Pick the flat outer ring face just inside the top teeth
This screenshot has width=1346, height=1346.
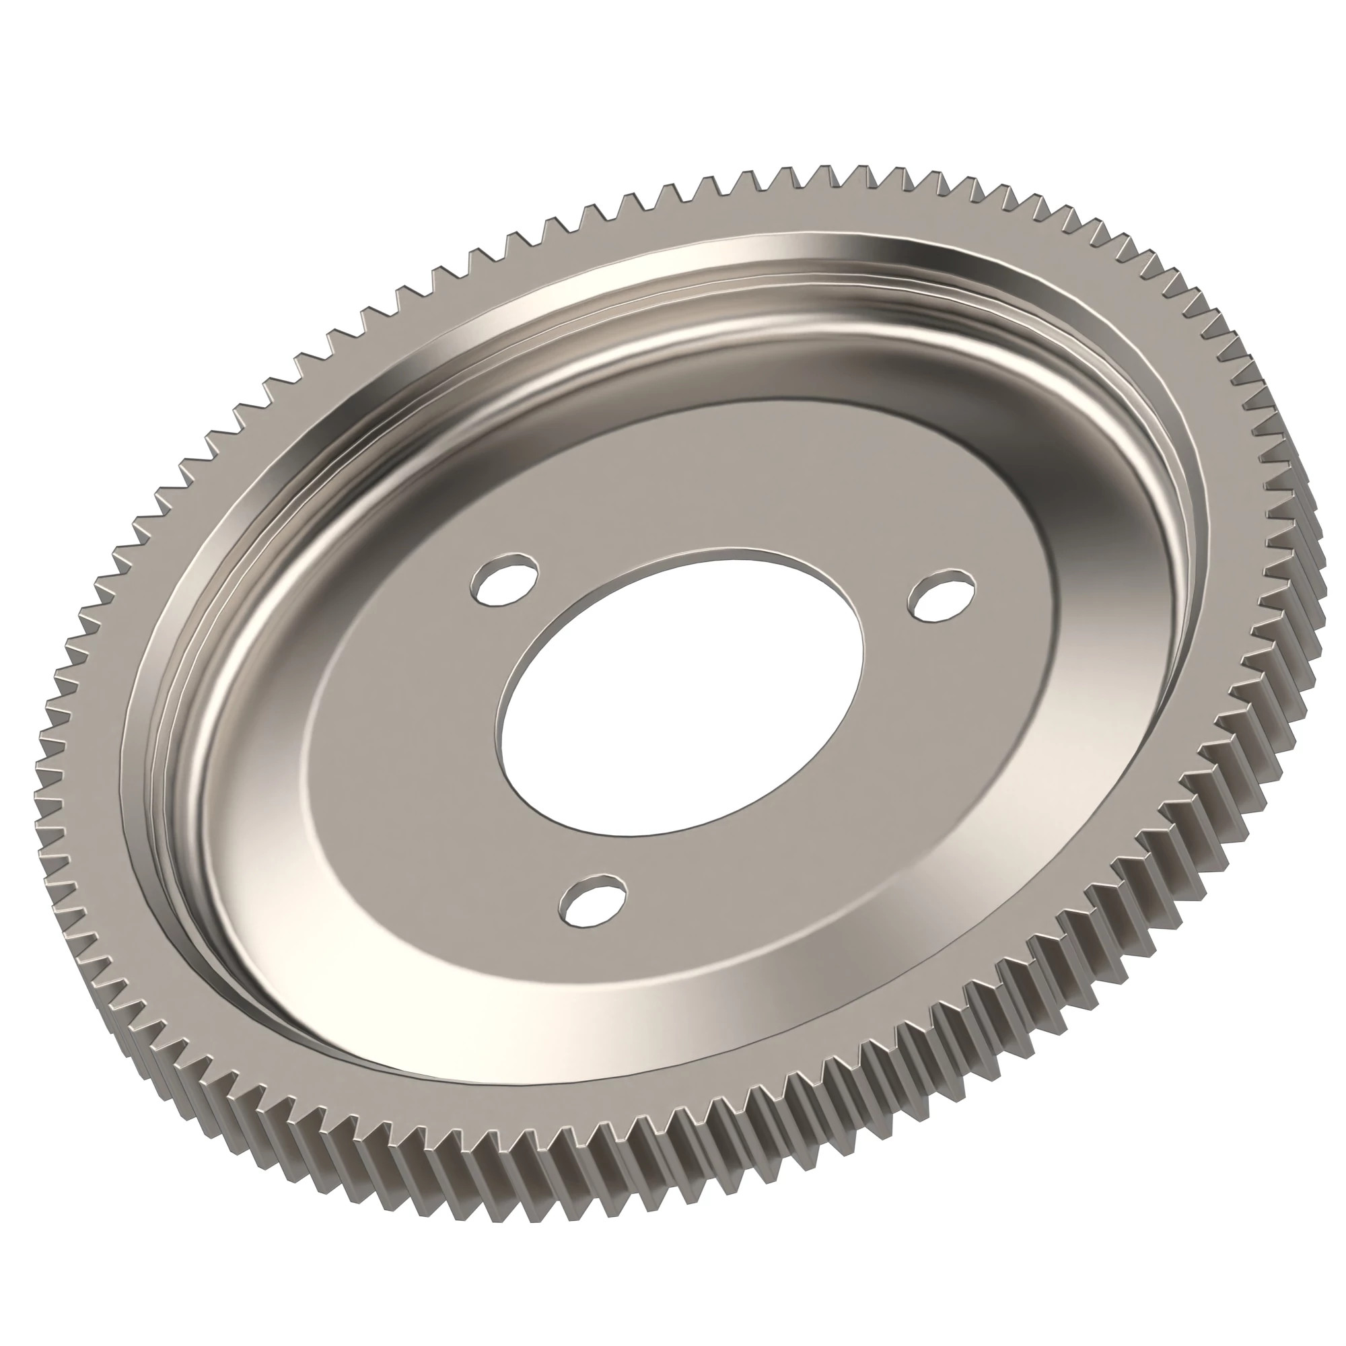coord(767,209)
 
